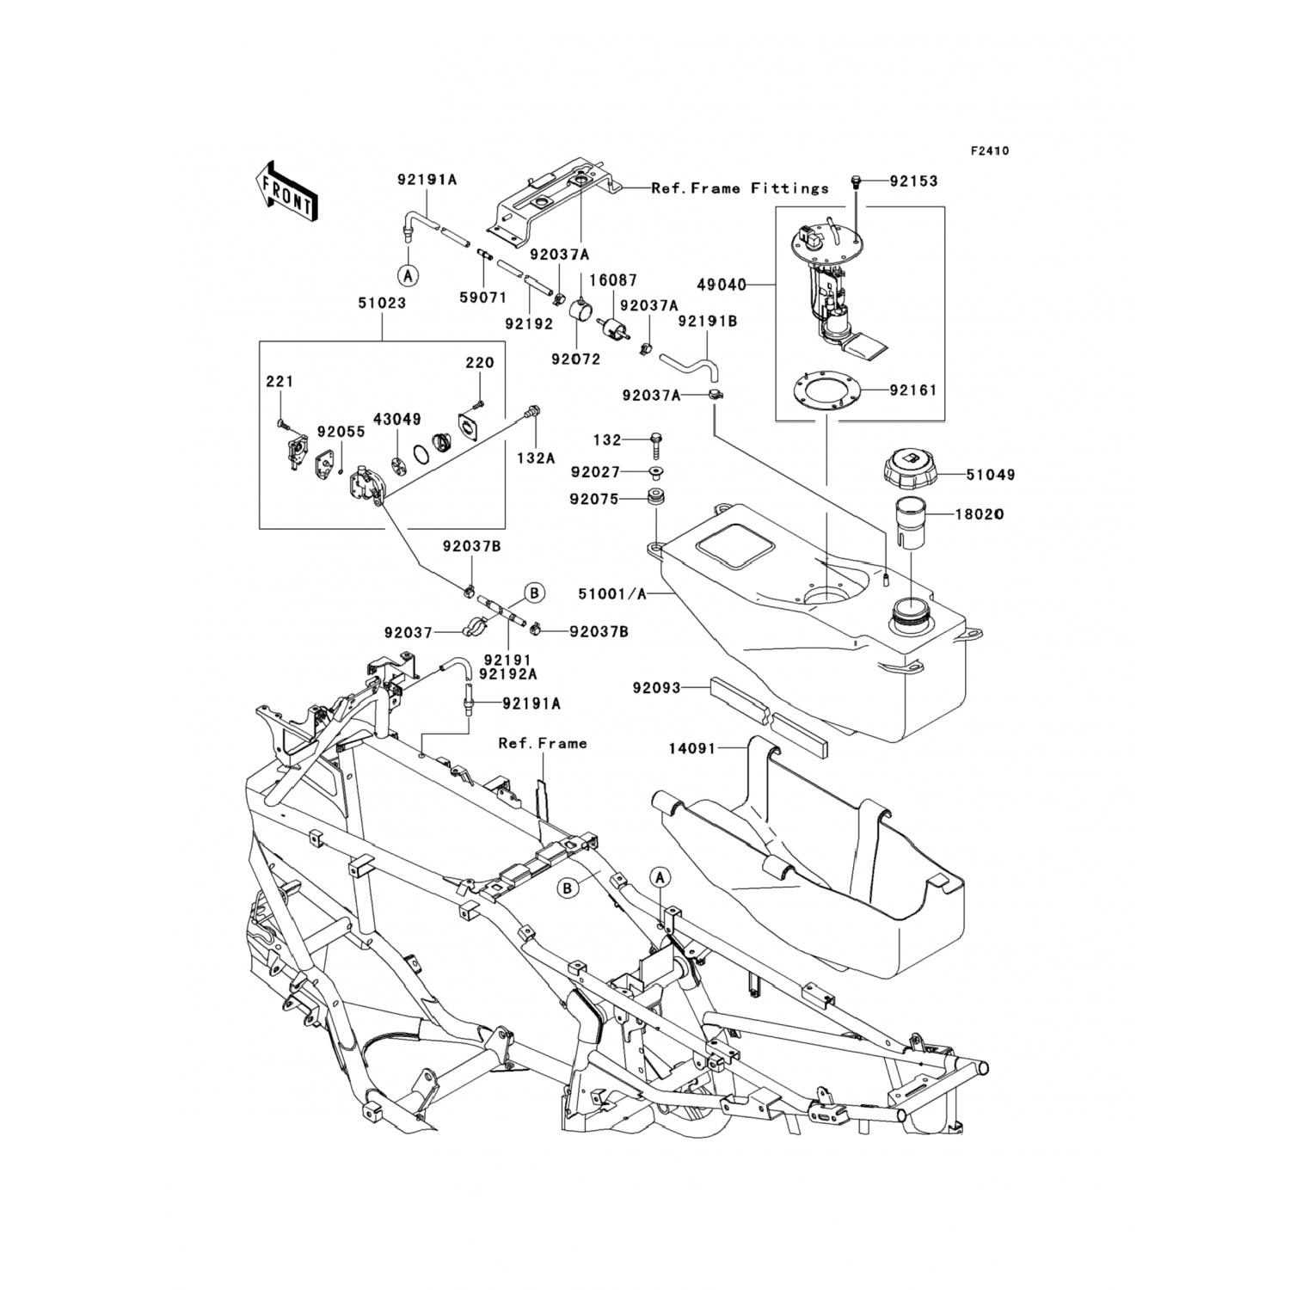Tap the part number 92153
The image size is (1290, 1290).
click(913, 181)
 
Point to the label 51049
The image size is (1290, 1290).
click(990, 474)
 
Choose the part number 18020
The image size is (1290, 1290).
click(979, 514)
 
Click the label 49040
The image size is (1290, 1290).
click(721, 284)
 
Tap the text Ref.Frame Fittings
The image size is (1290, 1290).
click(740, 187)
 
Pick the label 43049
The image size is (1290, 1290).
click(396, 420)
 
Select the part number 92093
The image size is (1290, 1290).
click(656, 688)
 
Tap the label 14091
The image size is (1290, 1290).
click(692, 749)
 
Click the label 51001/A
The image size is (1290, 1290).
click(611, 594)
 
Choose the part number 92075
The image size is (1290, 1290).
click(594, 499)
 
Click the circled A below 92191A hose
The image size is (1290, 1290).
click(408, 275)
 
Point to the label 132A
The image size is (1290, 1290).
click(536, 458)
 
